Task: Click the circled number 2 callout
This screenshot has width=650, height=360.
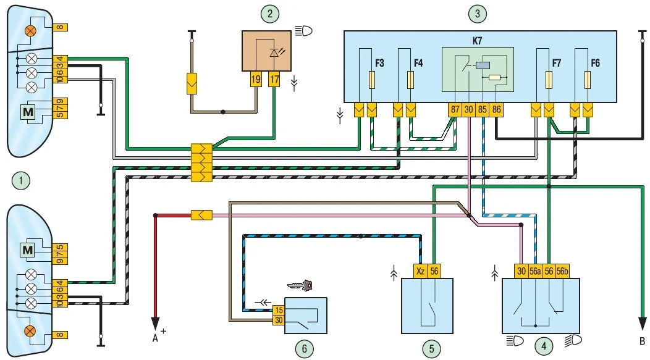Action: pyautogui.click(x=268, y=12)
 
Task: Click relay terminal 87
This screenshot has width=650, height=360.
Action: pyautogui.click(x=455, y=110)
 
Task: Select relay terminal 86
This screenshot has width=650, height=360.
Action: pyautogui.click(x=497, y=110)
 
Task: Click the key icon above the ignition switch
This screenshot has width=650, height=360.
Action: pyautogui.click(x=301, y=285)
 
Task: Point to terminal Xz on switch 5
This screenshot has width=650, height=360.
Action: pyautogui.click(x=420, y=270)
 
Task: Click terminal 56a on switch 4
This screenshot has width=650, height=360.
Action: pyautogui.click(x=534, y=270)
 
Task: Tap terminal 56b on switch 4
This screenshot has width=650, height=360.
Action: pyautogui.click(x=562, y=270)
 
